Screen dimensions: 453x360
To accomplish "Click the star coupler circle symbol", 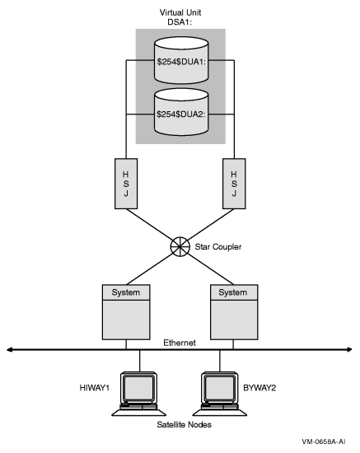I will [x=180, y=245].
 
